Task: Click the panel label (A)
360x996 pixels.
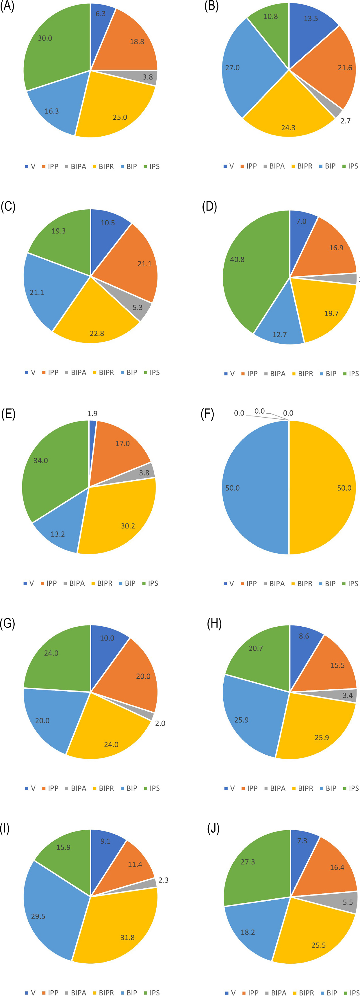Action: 7,7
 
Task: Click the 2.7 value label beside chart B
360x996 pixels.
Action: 345,121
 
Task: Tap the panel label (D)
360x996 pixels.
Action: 209,206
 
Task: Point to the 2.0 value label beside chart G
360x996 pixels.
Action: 160,723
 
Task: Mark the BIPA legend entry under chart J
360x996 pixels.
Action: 276,993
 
